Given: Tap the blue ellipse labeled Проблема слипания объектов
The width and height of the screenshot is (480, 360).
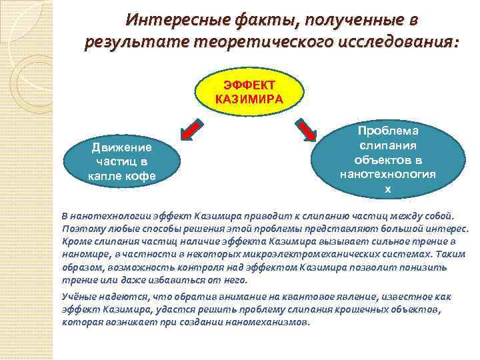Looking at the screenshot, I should click(x=388, y=161).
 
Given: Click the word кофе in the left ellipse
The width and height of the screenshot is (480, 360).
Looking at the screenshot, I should click(x=141, y=177).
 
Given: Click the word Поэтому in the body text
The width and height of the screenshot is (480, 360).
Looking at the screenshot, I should click(x=81, y=229).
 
